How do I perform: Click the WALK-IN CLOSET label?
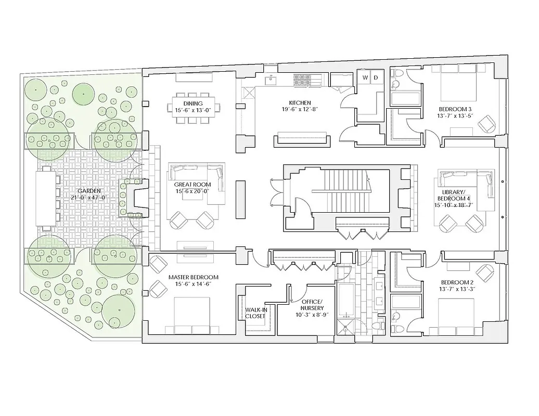(256, 312)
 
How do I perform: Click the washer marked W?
(365, 78)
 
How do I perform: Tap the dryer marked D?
(376, 78)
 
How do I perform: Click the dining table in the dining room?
(192, 108)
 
